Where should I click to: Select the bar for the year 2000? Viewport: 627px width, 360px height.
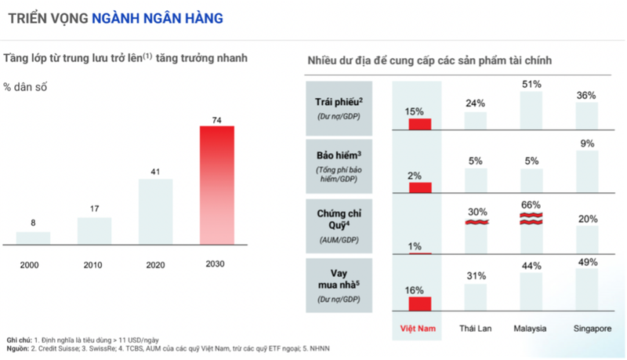coord(33,237)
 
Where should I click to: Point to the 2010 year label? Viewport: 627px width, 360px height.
coord(94,264)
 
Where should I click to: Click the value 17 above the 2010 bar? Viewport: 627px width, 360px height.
coord(94,209)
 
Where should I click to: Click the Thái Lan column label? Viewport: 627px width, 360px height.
coord(474,328)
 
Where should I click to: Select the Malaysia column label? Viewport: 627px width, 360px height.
coord(530,328)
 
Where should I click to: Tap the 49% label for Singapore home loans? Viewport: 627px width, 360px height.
coord(586,261)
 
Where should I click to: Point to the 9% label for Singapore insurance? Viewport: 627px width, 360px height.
coord(586,144)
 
